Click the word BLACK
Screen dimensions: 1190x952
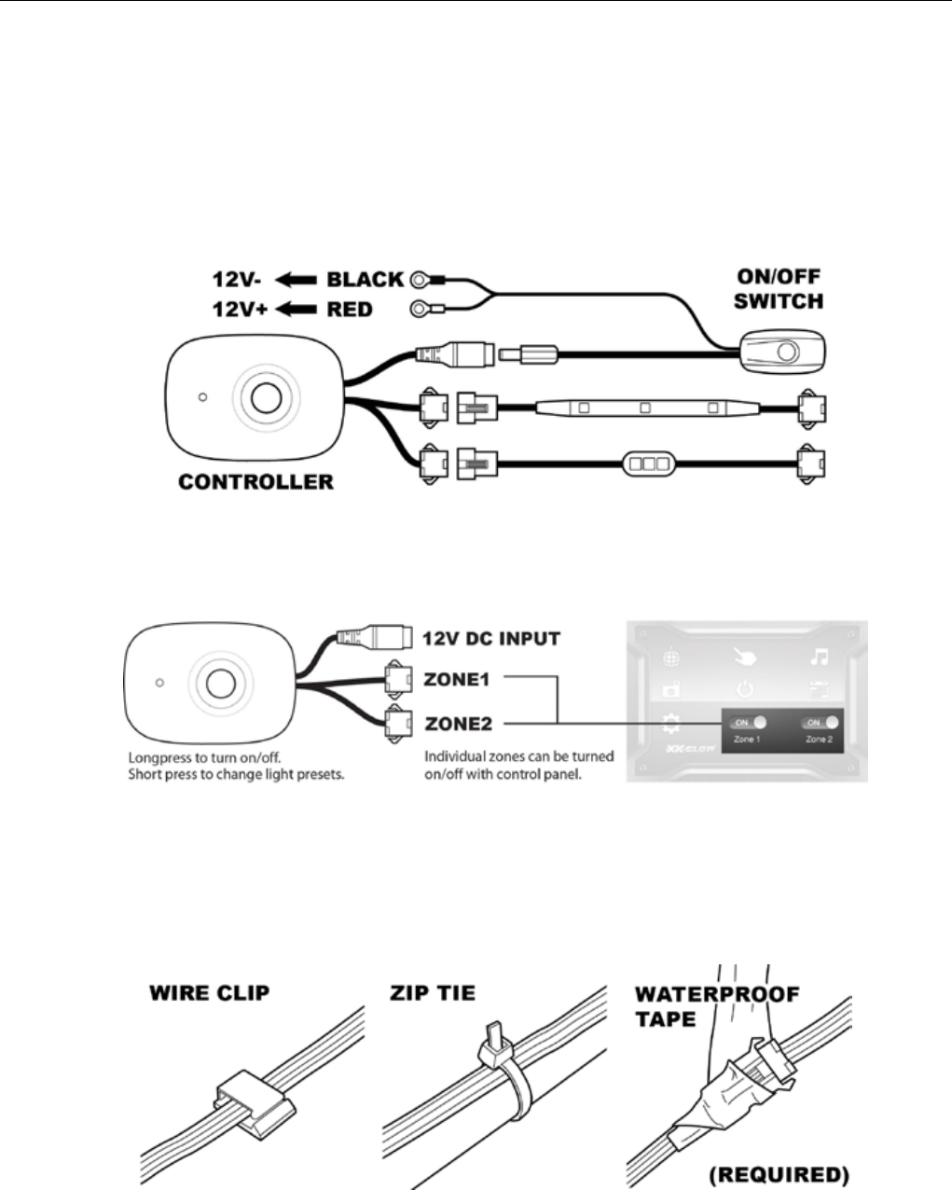click(365, 280)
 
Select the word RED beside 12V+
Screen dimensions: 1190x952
click(350, 309)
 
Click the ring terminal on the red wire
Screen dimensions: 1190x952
click(420, 309)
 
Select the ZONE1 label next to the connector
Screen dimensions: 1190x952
click(457, 680)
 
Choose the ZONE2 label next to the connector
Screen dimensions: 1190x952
click(458, 723)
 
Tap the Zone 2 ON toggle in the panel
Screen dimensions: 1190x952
click(818, 723)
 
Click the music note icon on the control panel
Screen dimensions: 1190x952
click(820, 658)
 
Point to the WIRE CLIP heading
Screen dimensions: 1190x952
click(209, 992)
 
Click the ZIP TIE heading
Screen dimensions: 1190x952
click(432, 992)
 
